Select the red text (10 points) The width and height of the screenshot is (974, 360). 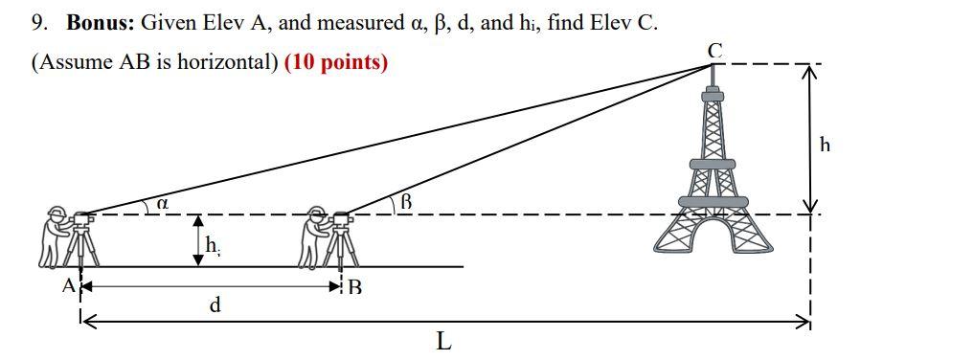pos(336,62)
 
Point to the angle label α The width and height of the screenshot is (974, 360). pos(162,203)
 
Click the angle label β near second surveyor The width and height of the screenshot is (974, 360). pos(405,201)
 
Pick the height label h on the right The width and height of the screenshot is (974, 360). pos(825,145)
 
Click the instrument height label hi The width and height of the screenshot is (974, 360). pos(213,247)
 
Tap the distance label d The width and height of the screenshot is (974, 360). pos(215,305)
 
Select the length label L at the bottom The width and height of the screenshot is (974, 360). pos(443,341)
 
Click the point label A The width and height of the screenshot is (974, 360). pos(68,285)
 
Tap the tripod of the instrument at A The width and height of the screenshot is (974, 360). pos(84,249)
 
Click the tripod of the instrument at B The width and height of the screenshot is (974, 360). pos(342,249)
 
